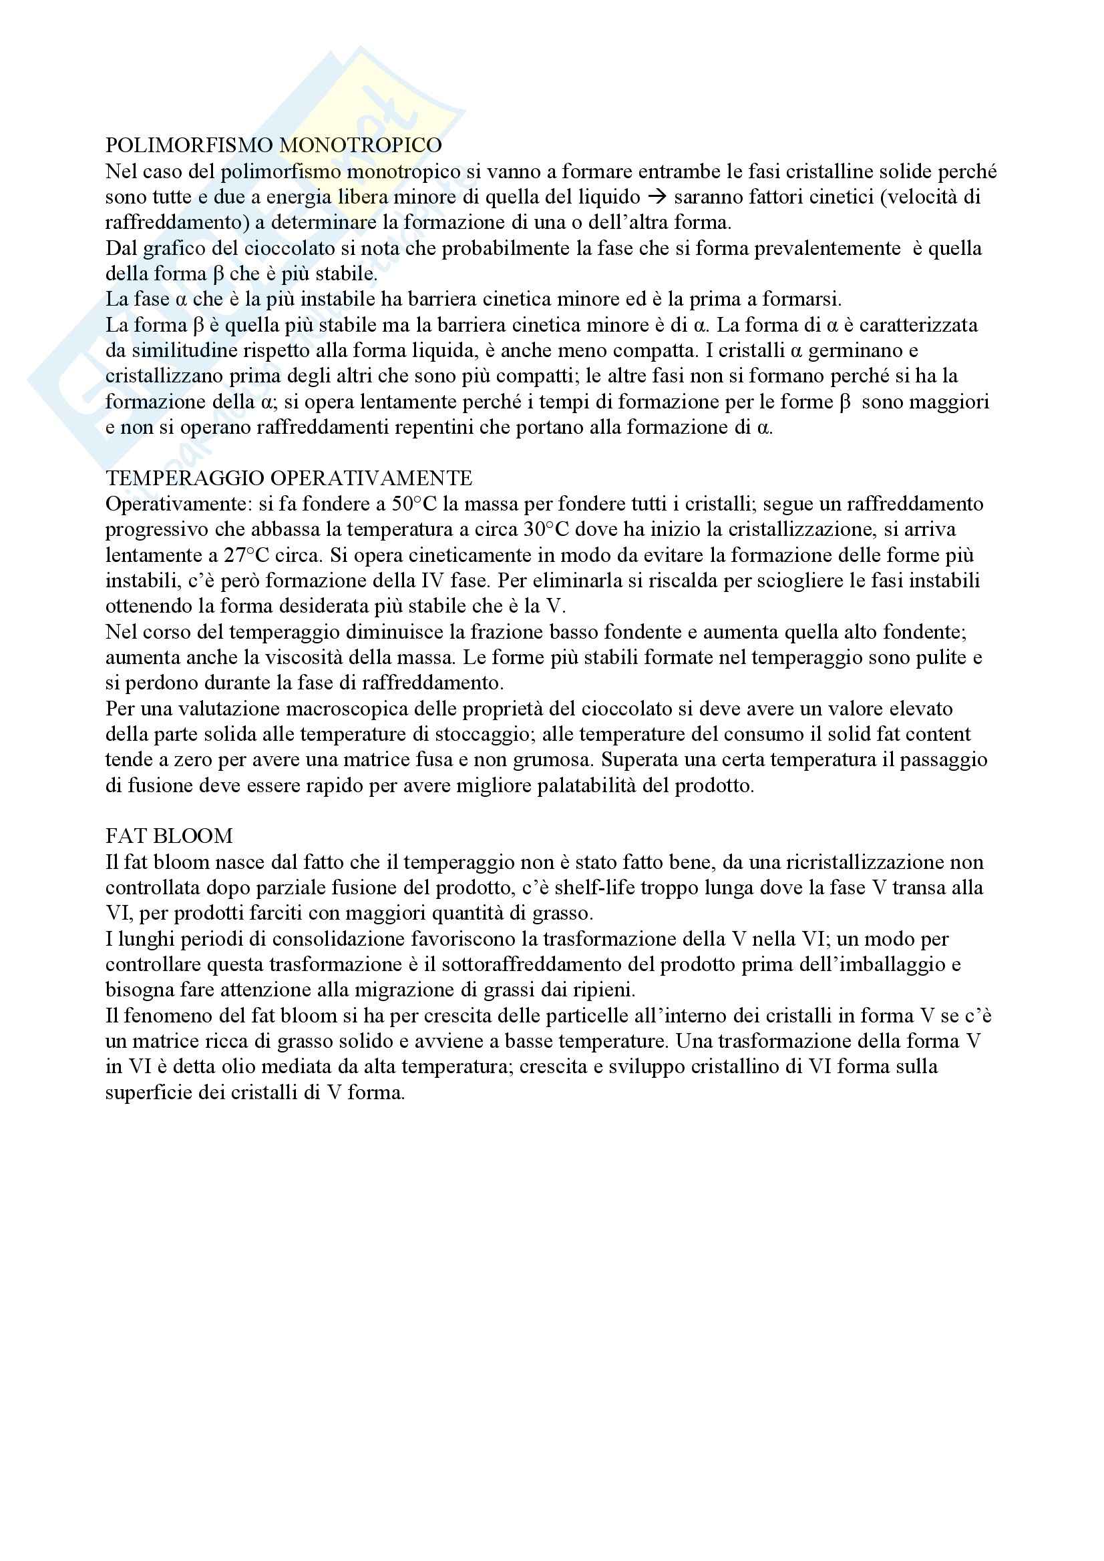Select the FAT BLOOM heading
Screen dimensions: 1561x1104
(169, 836)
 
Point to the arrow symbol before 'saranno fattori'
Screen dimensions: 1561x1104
(657, 197)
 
